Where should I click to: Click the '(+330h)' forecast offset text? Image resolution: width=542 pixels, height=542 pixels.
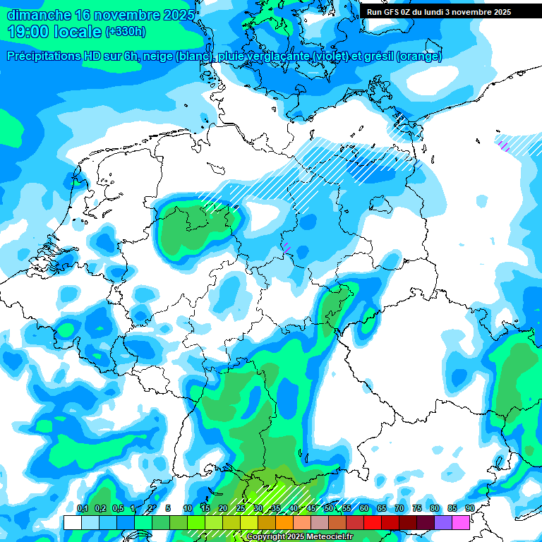(x=126, y=31)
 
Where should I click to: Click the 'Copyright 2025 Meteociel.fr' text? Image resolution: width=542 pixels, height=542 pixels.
(x=299, y=537)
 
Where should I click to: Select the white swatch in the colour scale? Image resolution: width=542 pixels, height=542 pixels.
(x=73, y=522)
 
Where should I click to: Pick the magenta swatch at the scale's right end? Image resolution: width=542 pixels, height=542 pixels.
(x=462, y=522)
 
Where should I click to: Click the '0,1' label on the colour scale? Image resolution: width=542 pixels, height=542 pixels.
(x=83, y=509)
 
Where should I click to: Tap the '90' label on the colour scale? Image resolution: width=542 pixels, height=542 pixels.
(x=470, y=509)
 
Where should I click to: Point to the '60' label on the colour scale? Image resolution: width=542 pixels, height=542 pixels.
(x=364, y=509)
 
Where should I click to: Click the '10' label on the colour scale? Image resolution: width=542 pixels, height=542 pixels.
(x=188, y=509)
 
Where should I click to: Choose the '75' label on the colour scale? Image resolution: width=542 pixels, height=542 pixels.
(x=417, y=509)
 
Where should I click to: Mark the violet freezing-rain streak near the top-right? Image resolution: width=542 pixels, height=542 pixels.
(x=504, y=145)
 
